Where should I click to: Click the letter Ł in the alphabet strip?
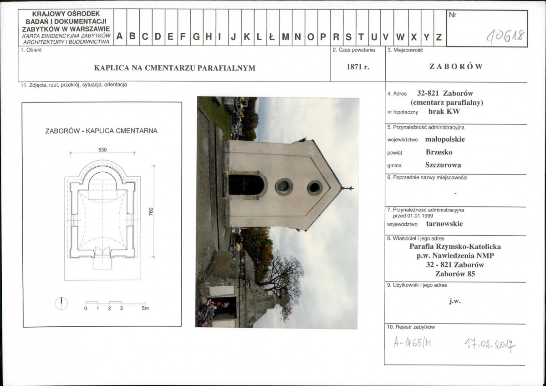272,36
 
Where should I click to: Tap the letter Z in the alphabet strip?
439,37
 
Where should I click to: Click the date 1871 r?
357,67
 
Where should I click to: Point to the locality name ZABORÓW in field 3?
456,66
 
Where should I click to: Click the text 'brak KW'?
444,112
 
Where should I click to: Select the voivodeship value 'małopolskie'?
444,139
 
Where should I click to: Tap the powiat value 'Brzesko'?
439,152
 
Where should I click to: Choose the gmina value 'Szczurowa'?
443,165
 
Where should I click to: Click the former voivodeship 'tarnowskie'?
444,224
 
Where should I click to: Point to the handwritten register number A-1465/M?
412,343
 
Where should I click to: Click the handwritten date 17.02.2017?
490,345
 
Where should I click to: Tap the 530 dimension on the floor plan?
102,150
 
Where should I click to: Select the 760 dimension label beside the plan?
151,211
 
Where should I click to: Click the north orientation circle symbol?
61,304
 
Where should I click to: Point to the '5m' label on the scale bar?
145,309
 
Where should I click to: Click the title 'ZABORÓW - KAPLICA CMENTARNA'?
102,131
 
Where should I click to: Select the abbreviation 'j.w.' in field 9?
455,301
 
